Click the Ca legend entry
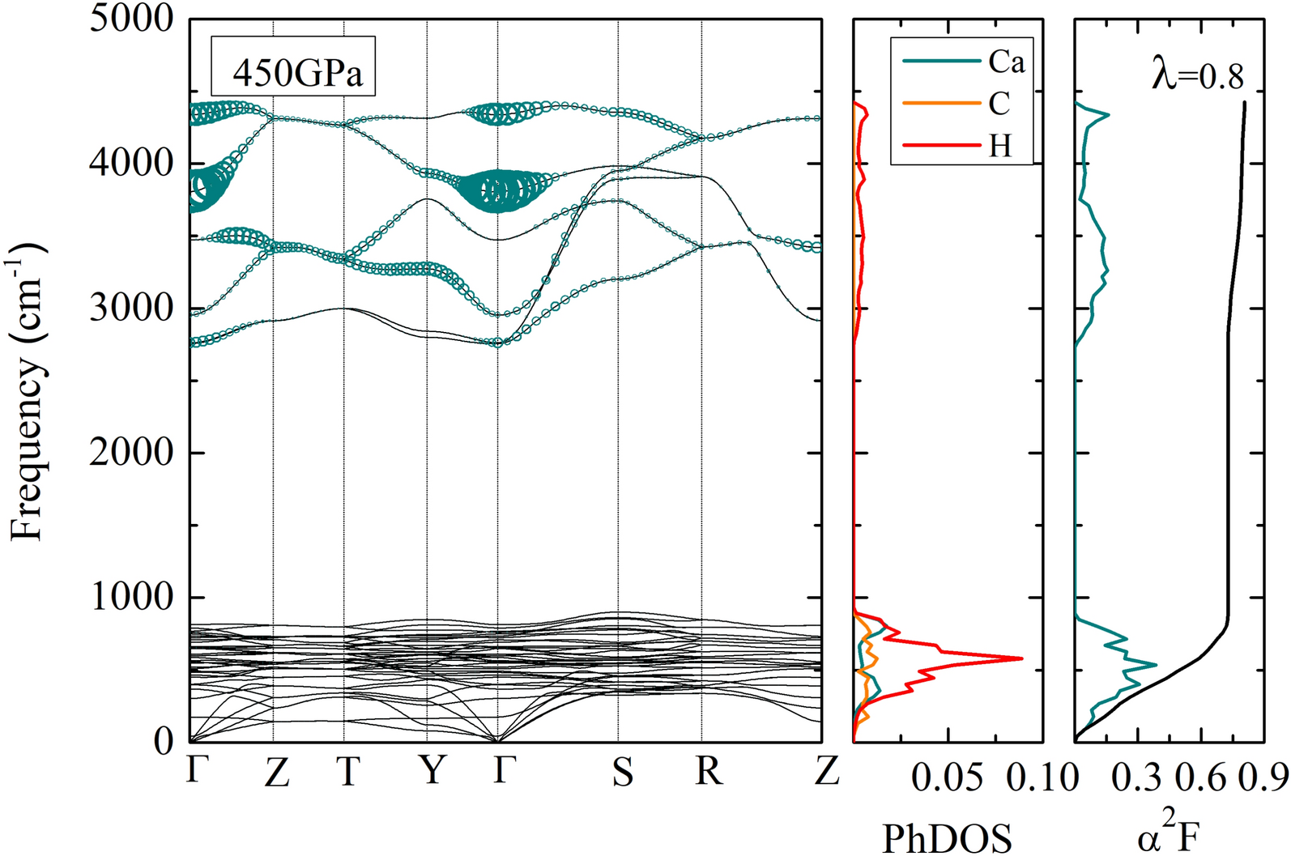coord(1004,62)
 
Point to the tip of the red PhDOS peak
coord(1021,658)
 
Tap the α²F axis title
coord(1168,836)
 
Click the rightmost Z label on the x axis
coord(825,772)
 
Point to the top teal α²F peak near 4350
coord(1108,115)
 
